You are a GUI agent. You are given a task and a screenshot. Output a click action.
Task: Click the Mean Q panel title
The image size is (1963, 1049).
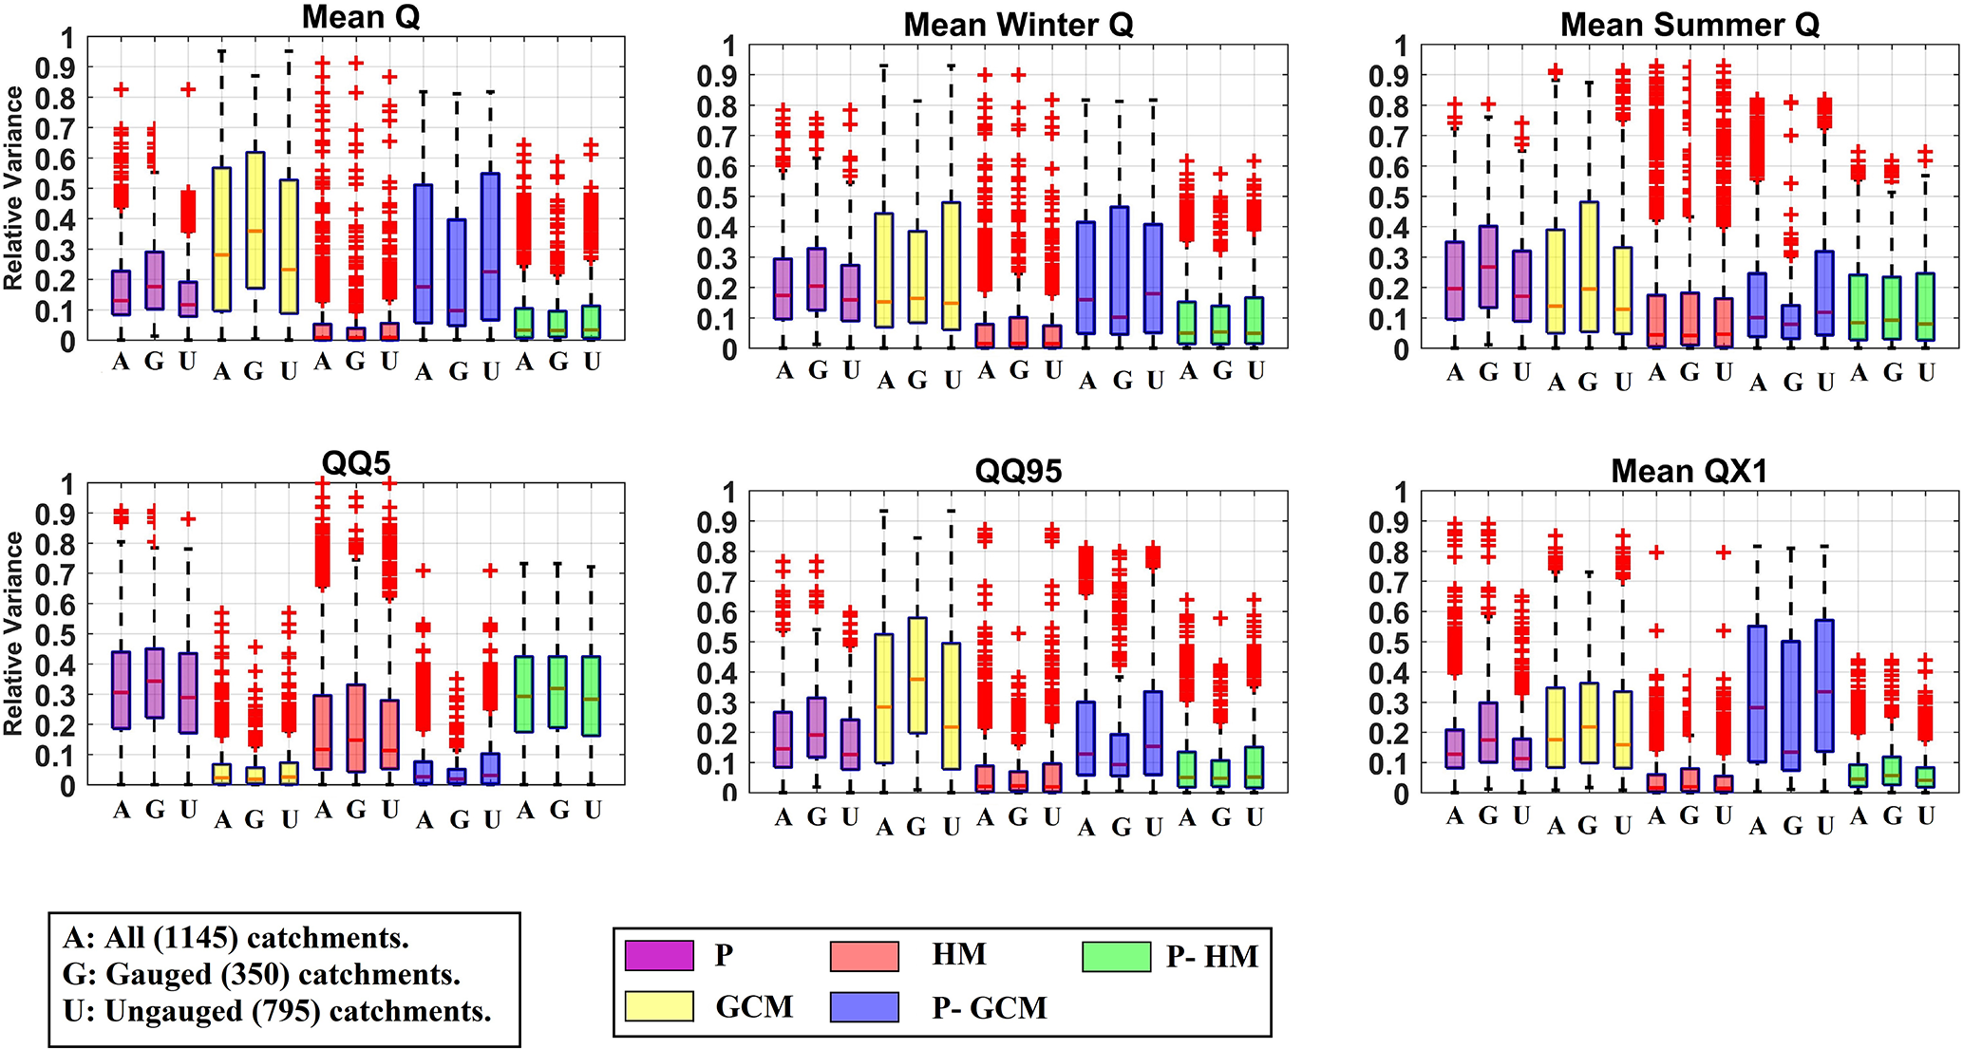(360, 17)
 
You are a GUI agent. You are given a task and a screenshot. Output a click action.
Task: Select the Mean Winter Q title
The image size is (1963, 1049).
(1018, 25)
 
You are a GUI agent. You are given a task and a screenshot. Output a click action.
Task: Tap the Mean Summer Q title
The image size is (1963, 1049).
(1689, 25)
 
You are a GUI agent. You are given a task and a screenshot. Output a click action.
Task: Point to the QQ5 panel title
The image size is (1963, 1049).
(356, 463)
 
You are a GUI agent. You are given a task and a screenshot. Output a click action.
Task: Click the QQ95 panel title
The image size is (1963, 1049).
(1018, 471)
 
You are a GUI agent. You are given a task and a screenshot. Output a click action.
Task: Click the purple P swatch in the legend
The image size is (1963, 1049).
(659, 955)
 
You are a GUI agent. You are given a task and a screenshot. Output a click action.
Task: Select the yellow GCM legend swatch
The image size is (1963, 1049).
(659, 1006)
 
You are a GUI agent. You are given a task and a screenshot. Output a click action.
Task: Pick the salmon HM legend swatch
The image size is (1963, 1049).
(864, 955)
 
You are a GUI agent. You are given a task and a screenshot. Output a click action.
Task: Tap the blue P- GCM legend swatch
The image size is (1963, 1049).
(864, 1006)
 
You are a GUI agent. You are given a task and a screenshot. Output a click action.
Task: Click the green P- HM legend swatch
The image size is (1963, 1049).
(1117, 955)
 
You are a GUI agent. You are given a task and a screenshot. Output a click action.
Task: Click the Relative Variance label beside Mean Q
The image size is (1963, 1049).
(13, 188)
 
